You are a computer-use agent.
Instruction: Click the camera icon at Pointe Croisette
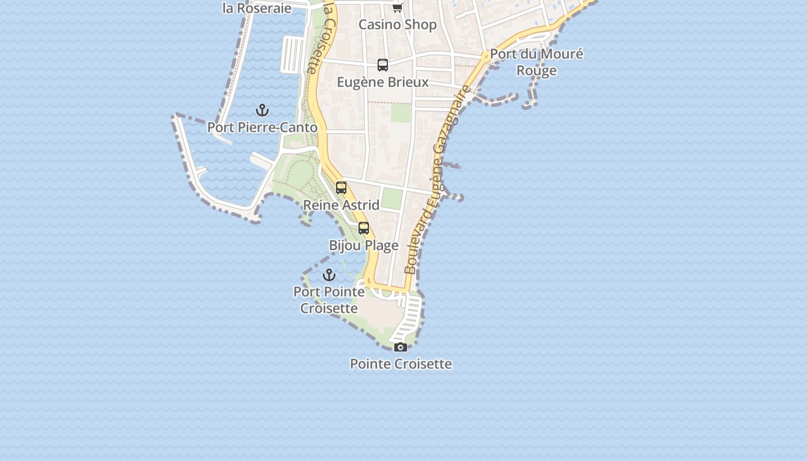pos(401,347)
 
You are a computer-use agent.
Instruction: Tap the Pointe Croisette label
pos(401,364)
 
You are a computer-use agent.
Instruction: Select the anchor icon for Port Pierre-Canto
pos(262,110)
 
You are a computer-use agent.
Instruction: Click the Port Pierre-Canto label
pos(262,127)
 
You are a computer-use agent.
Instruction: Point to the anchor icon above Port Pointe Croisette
pos(329,274)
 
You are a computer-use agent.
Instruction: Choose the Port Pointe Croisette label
pos(329,300)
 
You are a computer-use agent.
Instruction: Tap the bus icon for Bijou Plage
pos(364,228)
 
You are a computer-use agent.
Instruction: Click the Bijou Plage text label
pos(364,245)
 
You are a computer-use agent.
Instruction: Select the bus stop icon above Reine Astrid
pos(341,188)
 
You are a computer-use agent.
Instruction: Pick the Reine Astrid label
pos(341,205)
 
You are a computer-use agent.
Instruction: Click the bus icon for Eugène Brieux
pos(383,65)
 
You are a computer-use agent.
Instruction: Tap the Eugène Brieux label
pos(383,82)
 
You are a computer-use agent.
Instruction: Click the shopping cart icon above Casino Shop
pos(398,7)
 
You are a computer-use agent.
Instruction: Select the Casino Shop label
pos(398,25)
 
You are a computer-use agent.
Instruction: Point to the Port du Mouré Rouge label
pos(537,62)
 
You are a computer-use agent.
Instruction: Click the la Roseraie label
pos(257,9)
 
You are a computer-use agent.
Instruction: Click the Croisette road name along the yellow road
pos(319,37)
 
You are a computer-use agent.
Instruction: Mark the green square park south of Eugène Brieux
pos(401,113)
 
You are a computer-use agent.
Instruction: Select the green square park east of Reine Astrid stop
pos(392,199)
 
